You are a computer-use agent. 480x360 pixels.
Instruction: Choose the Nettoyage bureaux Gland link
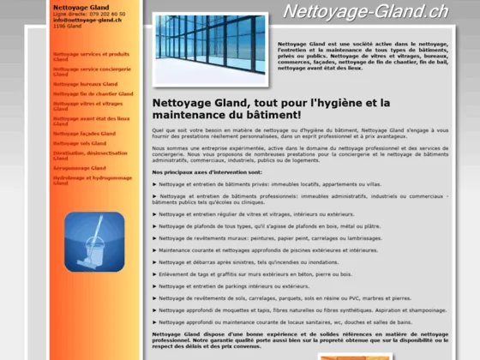pyautogui.click(x=85, y=84)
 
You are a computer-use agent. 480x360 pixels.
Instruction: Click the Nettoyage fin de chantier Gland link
pyautogui.click(x=93, y=93)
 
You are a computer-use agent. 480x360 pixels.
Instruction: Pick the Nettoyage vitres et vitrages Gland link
pyautogui.click(x=87, y=105)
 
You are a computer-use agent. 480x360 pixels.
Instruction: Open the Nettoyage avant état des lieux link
pyautogui.click(x=91, y=120)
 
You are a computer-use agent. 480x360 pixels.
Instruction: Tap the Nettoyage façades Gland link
pyautogui.click(x=85, y=135)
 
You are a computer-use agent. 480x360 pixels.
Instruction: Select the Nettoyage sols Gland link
pyautogui.click(x=79, y=143)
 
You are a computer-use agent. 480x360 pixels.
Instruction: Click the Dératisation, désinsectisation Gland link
pyautogui.click(x=89, y=155)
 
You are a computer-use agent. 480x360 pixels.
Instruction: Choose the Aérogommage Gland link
pyautogui.click(x=79, y=168)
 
